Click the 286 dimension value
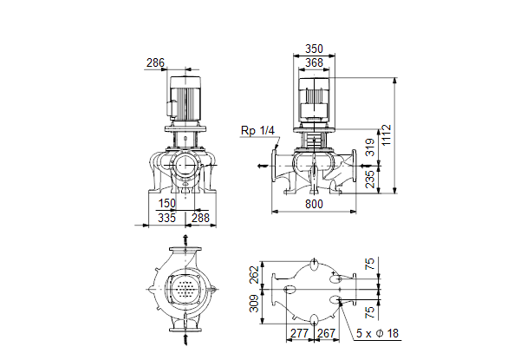tap(155, 62)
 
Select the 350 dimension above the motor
tap(314, 49)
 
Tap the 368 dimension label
tap(314, 62)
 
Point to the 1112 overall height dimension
tap(387, 134)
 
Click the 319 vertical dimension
tap(370, 147)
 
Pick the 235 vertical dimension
tap(370, 179)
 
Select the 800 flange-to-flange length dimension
tap(314, 204)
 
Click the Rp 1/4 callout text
tap(257, 131)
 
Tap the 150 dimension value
tap(167, 204)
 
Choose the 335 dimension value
tap(166, 218)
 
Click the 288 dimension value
tap(200, 218)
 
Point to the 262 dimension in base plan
tap(254, 275)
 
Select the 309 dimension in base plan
tap(254, 304)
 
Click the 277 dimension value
tap(299, 333)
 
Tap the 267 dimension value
tap(326, 333)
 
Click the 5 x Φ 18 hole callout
tap(377, 333)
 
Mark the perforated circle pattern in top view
tap(185, 289)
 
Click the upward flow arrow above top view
tap(185, 240)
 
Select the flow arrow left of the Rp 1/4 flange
tap(263, 166)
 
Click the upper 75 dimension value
tap(370, 264)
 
